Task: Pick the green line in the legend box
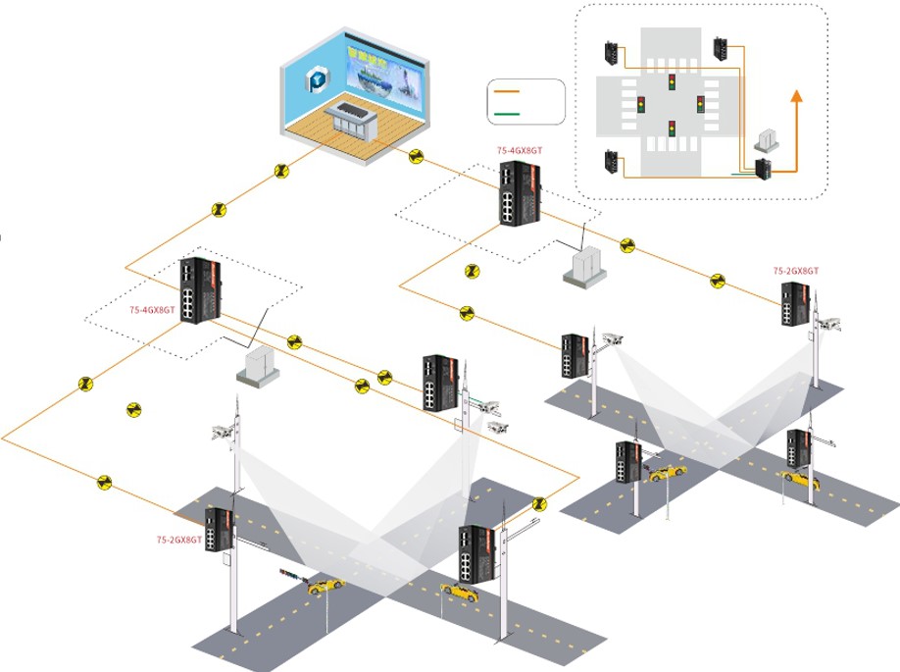(x=510, y=114)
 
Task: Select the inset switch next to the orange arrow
(x=764, y=169)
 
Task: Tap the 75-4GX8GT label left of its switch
(x=152, y=310)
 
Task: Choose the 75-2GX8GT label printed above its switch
(x=795, y=270)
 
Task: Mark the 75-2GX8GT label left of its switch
(x=179, y=539)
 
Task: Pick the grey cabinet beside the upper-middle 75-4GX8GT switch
(x=585, y=265)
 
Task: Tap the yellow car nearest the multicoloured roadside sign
(x=323, y=586)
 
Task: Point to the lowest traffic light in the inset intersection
(x=672, y=129)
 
